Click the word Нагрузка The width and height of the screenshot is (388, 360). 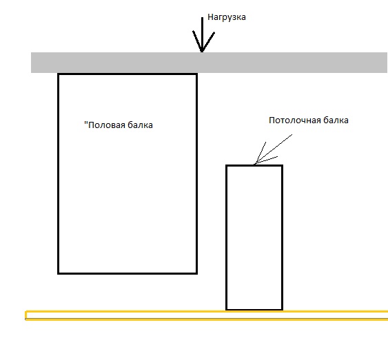tap(227, 17)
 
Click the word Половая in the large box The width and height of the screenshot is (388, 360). tap(107, 125)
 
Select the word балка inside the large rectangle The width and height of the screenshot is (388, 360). tap(140, 125)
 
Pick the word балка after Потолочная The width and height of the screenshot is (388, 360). tap(336, 120)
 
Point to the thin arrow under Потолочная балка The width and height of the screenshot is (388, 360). tap(273, 149)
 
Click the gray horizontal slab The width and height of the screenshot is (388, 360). tap(209, 63)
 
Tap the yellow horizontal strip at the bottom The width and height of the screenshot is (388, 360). tap(207, 315)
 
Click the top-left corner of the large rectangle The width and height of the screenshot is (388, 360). tap(58, 74)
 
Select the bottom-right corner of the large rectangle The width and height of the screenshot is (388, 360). tap(196, 273)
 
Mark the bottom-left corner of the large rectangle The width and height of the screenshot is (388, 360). tap(58, 273)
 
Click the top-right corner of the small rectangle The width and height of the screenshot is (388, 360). tap(283, 166)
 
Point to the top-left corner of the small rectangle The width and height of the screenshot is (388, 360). tap(227, 166)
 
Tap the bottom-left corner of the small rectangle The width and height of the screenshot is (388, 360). tap(227, 309)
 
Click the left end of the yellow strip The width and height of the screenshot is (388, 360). tap(25, 315)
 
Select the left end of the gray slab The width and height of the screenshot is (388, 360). tap(31, 63)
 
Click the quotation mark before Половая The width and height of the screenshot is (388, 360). tap(86, 123)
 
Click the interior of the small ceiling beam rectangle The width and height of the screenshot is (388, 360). tap(254, 237)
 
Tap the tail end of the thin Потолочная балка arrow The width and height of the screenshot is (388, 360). tap(292, 134)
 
